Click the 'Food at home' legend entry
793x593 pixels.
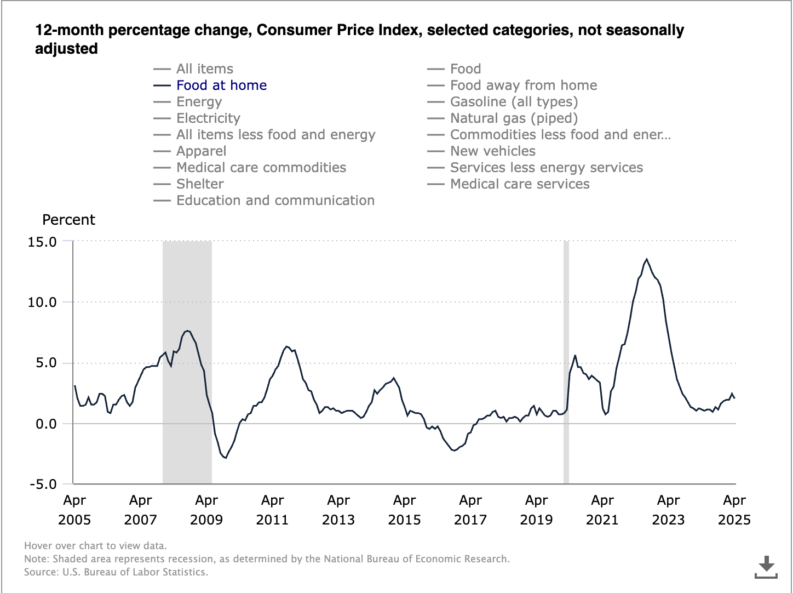(221, 85)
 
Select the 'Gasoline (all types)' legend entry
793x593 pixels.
(514, 102)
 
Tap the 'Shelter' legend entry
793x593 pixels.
(200, 184)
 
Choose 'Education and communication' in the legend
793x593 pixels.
(275, 201)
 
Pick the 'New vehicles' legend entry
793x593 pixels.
(492, 151)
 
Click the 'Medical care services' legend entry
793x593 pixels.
(519, 184)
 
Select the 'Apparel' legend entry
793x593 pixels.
(201, 151)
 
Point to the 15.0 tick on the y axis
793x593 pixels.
(42, 242)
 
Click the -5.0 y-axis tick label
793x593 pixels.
(42, 484)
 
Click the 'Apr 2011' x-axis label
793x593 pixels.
(272, 510)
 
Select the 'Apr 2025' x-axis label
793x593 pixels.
(734, 510)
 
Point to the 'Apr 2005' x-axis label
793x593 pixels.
(74, 510)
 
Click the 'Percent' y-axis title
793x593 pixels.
(68, 220)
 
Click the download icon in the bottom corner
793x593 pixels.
(766, 567)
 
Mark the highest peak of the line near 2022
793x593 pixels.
(647, 259)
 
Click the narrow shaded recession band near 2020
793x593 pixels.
(566, 362)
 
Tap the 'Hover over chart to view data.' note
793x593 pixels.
(95, 546)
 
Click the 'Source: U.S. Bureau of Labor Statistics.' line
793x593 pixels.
(116, 572)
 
